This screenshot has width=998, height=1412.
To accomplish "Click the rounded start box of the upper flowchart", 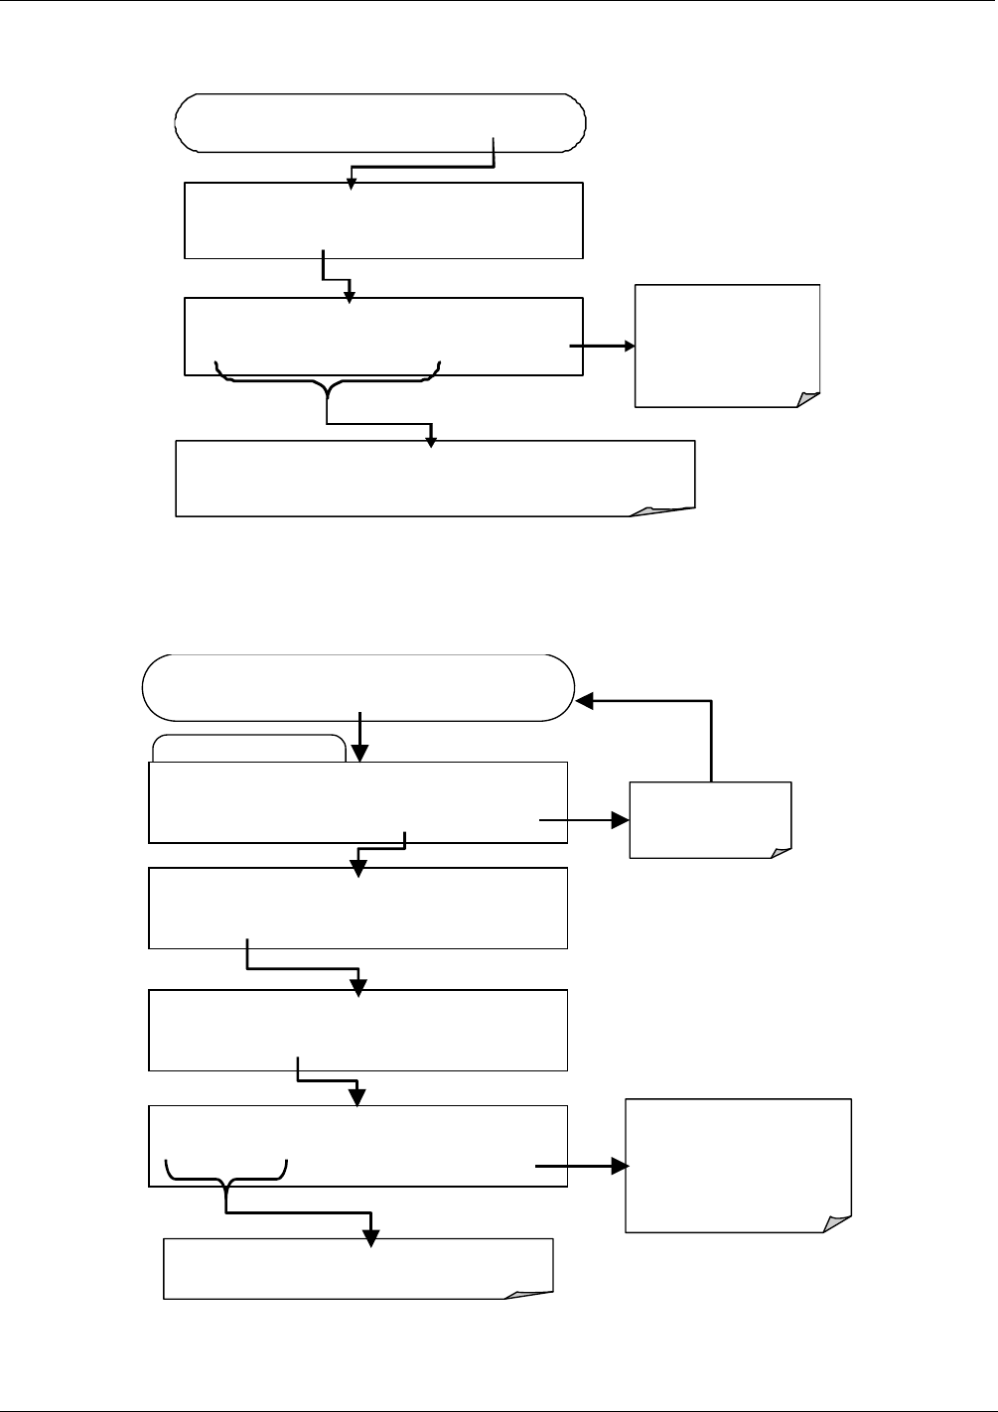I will (380, 123).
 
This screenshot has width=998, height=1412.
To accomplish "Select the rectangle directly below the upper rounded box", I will (383, 220).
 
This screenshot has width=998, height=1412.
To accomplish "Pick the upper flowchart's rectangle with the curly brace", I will (383, 336).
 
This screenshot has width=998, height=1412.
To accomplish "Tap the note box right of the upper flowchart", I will (727, 345).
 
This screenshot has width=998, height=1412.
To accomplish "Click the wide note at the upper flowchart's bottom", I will (435, 479).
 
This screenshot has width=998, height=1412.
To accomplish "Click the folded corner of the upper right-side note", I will (808, 399).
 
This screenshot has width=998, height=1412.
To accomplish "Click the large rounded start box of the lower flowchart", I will (358, 687).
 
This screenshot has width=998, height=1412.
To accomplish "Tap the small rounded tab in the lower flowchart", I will (249, 748).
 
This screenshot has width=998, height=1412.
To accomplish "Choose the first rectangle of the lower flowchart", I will (357, 802).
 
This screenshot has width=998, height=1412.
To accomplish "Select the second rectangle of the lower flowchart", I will (357, 908).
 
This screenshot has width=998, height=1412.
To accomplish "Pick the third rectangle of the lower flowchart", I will (357, 1030).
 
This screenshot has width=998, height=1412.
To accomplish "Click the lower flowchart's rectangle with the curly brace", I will (357, 1145).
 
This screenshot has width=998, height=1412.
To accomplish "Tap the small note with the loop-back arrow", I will (710, 819).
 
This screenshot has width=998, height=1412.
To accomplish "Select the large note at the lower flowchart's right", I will (738, 1165).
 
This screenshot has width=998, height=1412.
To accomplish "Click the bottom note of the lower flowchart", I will (357, 1268).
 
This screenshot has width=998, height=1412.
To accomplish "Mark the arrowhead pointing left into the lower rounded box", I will (585, 701).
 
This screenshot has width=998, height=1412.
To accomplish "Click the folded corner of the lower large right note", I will (838, 1223).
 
